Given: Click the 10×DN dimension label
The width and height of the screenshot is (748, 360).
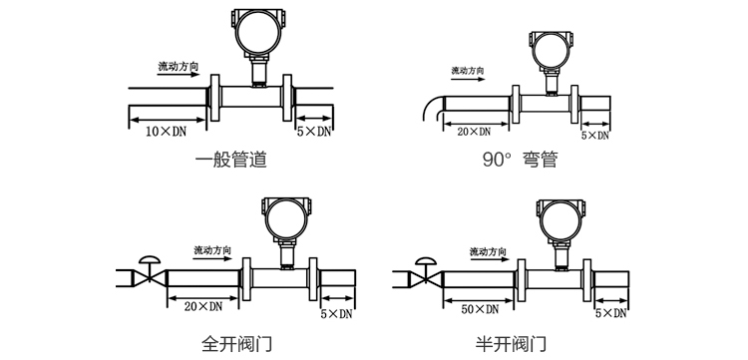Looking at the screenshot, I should (x=167, y=131).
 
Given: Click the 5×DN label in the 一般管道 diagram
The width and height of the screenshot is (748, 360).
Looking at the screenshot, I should (x=313, y=131).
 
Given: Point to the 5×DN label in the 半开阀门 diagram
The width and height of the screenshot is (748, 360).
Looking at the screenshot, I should (x=609, y=313).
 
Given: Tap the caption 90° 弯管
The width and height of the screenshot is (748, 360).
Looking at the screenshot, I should (x=520, y=160).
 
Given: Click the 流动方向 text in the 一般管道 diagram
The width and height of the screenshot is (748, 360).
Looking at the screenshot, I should (x=179, y=67).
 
